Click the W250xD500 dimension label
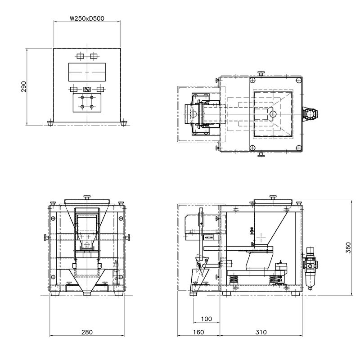point(87,18)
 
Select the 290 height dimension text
point(24,86)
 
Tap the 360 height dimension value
point(348,248)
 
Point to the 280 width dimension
point(87,332)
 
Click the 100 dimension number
point(207,319)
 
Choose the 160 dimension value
point(198,332)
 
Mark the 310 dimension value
point(261,332)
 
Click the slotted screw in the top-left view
point(87,89)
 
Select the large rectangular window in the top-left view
point(87,72)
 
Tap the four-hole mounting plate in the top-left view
point(87,103)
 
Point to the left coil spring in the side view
point(234,280)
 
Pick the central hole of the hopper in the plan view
point(273,114)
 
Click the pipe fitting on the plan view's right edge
point(310,114)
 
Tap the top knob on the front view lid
point(87,197)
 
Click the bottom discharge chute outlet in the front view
point(87,294)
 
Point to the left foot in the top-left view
point(51,123)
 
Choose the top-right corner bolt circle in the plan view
point(298,80)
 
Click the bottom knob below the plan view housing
point(261,154)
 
